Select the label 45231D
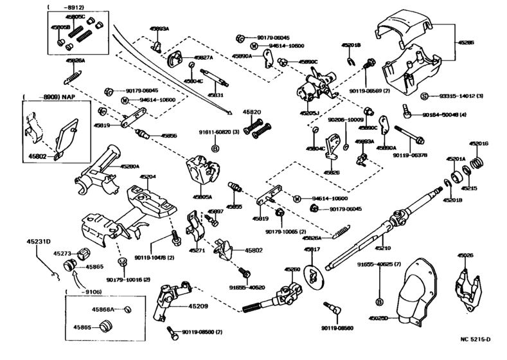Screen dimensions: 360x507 pyautogui.click(x=39, y=241)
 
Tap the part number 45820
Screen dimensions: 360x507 pyautogui.click(x=251, y=112)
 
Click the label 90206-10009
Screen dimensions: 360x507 pyautogui.click(x=346, y=120)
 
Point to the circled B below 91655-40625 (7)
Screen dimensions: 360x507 pyautogui.click(x=379, y=301)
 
